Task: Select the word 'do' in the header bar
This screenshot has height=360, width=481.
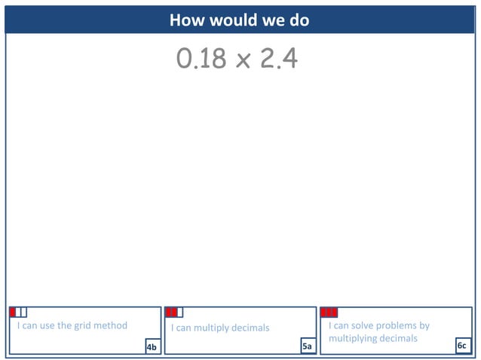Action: click(299, 20)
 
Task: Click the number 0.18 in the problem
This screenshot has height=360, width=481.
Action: click(201, 59)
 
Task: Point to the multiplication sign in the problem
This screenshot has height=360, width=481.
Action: click(243, 60)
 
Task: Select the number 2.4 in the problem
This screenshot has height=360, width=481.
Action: click(278, 59)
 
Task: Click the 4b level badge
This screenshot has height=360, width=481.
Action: click(152, 346)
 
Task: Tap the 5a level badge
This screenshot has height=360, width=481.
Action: click(307, 346)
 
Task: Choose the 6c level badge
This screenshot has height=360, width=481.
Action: click(462, 346)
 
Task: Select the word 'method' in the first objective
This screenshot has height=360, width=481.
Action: click(112, 326)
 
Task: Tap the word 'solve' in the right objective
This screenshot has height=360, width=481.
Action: click(363, 326)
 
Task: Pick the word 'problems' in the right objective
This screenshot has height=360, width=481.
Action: click(399, 326)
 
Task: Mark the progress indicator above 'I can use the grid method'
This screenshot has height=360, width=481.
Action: click(18, 312)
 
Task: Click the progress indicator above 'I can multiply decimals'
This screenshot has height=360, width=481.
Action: click(173, 312)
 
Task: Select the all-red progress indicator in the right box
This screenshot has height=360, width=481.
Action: click(329, 312)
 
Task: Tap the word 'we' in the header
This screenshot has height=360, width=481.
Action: click(271, 20)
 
